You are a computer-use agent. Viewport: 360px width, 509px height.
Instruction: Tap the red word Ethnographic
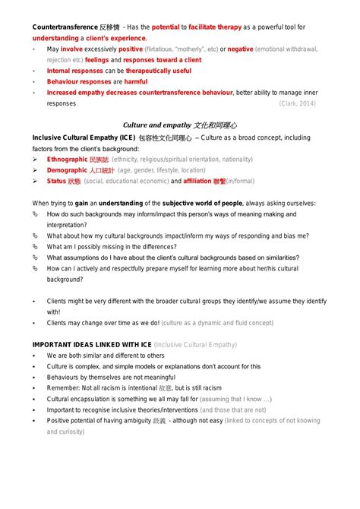[x=67, y=160]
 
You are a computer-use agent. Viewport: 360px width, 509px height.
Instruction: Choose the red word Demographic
[x=67, y=171]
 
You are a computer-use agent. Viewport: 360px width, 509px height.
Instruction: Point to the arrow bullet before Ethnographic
[x=35, y=160]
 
